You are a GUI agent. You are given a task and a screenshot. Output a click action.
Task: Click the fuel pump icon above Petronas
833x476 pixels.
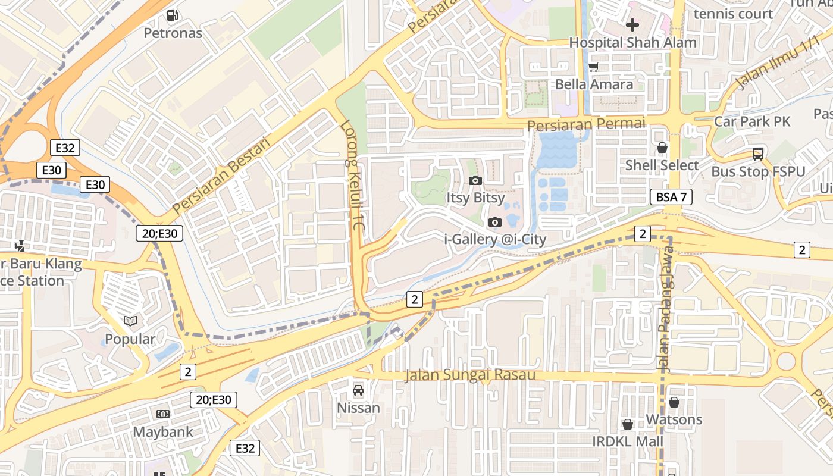[173, 15]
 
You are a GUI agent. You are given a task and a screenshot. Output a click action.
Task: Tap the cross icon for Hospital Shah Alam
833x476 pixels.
[632, 25]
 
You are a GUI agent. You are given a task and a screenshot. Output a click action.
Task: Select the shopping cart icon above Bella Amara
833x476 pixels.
[593, 67]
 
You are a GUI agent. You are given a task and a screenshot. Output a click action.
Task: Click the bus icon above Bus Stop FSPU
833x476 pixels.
[758, 154]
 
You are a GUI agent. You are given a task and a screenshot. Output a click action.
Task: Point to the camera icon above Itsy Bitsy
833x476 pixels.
[475, 180]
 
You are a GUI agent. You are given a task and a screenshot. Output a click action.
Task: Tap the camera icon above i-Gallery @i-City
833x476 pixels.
[494, 222]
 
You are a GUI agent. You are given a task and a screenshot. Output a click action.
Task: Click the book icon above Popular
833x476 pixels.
[130, 321]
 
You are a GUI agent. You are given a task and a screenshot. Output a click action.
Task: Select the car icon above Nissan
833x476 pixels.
[358, 390]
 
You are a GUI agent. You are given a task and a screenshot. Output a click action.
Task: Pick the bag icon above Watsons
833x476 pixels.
[674, 402]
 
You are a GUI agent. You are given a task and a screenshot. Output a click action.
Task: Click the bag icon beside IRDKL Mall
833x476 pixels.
[627, 424]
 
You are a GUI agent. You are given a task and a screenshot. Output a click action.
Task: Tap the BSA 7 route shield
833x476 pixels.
[671, 197]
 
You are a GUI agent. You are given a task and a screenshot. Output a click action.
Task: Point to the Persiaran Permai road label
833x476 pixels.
[586, 124]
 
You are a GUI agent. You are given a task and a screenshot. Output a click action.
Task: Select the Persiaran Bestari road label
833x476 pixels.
[221, 176]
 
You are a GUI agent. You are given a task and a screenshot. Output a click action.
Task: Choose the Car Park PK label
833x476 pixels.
[752, 121]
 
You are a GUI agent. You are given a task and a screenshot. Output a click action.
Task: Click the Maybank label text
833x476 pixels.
[162, 432]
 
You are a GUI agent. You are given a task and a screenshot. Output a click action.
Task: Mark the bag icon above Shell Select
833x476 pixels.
[662, 148]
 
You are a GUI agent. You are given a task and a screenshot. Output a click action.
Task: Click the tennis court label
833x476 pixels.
[733, 14]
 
